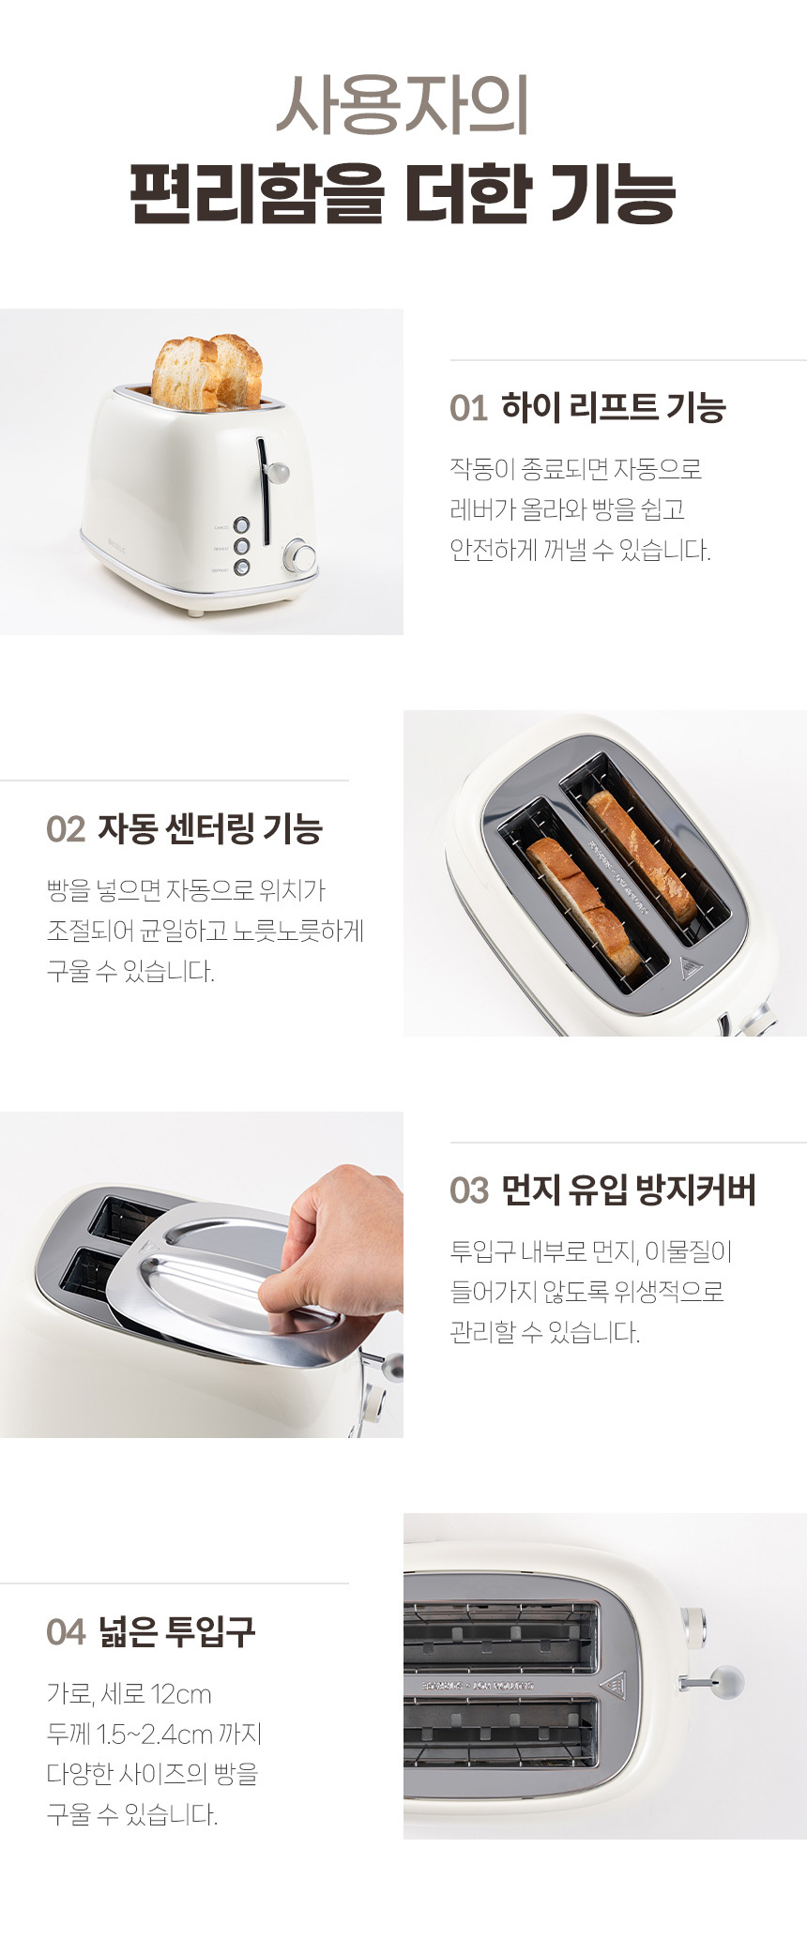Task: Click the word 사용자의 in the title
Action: pos(403,104)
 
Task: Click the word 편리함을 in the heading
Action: pos(256,194)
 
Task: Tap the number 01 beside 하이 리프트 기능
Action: pos(468,409)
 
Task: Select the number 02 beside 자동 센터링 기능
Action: pos(66,830)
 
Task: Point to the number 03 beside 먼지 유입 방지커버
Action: pos(469,1191)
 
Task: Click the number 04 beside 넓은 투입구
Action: pos(66,1632)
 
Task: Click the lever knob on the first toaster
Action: pos(277,472)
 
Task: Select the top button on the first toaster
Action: pos(241,525)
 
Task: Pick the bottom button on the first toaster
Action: pos(242,567)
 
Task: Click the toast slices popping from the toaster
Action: pos(206,372)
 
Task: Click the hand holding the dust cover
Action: pos(338,1238)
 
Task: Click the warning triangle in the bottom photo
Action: pos(614,1685)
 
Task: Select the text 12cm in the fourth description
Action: pos(180,1695)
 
